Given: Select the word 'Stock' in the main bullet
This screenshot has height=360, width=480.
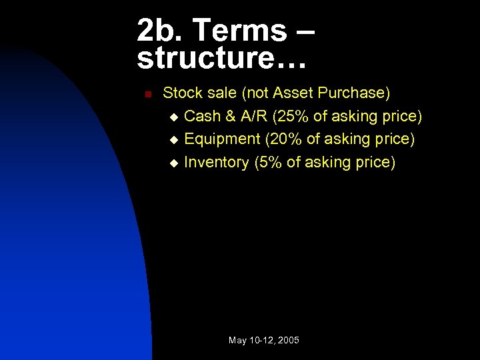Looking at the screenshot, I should pos(181,93).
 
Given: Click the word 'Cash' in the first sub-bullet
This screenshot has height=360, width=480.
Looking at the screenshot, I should pos(203,117).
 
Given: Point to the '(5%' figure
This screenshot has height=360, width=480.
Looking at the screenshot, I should pos(268,162).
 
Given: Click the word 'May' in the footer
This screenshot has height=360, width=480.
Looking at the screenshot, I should pos(237,341).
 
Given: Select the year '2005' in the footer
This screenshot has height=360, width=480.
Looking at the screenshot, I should pos(288,341).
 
